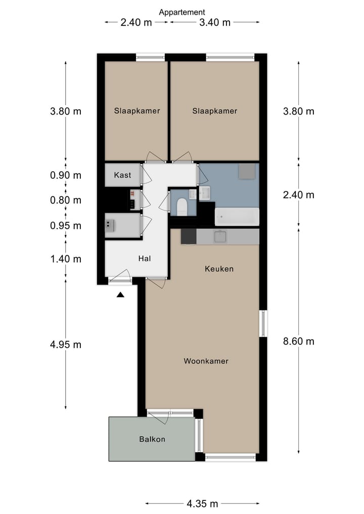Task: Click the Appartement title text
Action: point(182,13)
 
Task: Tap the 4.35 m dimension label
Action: point(202,503)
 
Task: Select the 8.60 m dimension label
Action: point(299,341)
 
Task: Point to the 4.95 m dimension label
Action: point(66,345)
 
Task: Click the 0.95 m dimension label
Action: point(66,225)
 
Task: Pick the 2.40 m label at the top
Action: point(136,22)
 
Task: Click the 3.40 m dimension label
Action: point(215,22)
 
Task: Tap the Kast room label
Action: point(123,175)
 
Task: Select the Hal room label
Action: point(145,259)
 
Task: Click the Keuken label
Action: point(219,269)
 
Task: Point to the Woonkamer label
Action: point(206,361)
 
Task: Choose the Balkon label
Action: point(152,439)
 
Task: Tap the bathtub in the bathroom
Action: point(237,217)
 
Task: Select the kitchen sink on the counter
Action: point(220,237)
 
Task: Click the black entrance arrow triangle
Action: point(120,295)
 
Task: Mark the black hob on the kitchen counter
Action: point(189,237)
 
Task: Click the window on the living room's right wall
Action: point(263,323)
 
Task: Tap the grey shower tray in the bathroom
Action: point(247,171)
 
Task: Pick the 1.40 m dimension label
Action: point(66,259)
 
